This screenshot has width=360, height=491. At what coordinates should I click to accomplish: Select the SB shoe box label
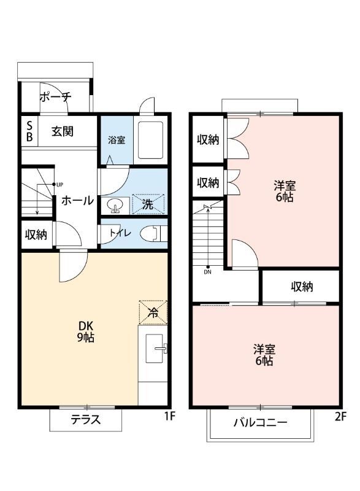[x=29, y=131]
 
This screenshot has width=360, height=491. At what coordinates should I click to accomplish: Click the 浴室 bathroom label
[x=117, y=139]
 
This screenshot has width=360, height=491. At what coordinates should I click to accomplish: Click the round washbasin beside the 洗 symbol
[x=114, y=205]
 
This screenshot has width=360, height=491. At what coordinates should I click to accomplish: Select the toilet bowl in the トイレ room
[x=150, y=234]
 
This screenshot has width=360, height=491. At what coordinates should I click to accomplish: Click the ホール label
[x=77, y=201]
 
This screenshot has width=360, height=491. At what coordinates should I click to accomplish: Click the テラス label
[x=85, y=420]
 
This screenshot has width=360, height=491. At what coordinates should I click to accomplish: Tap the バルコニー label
[x=260, y=423]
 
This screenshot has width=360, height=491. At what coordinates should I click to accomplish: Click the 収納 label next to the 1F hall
[x=37, y=235]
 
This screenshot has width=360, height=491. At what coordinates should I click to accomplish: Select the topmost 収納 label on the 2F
[x=208, y=139]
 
